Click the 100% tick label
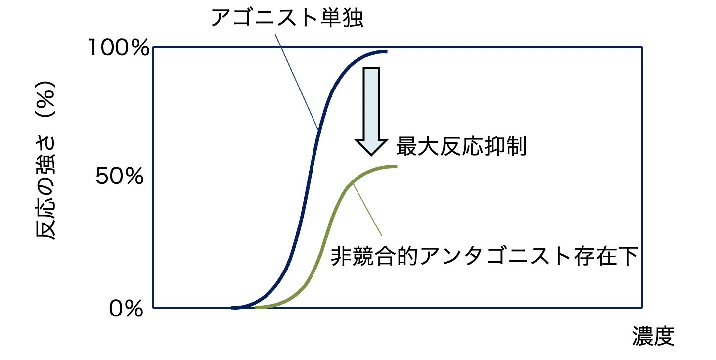[118, 48]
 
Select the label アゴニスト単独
[287, 18]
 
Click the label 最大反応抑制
[460, 146]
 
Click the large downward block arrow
[371, 109]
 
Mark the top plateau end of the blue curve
[386, 51]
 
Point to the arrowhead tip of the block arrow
[371, 155]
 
